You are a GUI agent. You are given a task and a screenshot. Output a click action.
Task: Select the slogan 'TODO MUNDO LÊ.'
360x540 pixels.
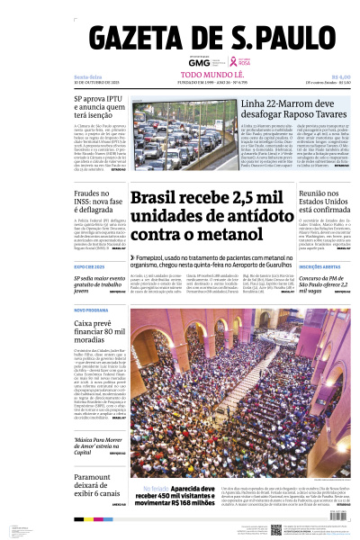click(206, 76)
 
